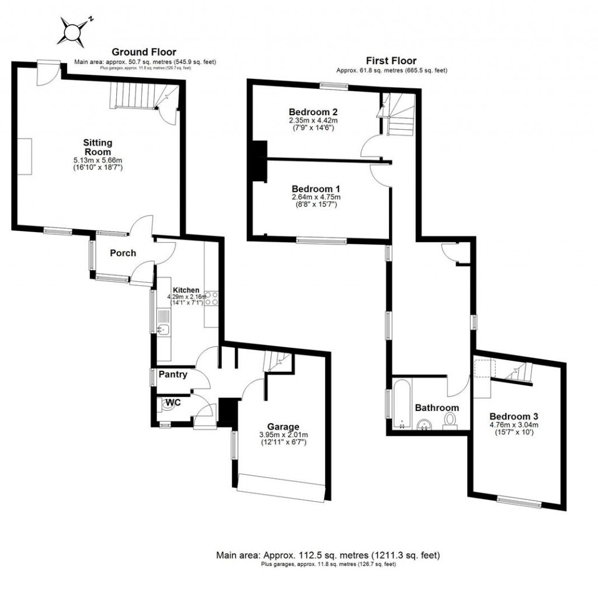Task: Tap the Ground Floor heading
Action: pyautogui.click(x=144, y=53)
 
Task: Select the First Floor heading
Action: pyautogui.click(x=391, y=61)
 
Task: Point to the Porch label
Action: pyautogui.click(x=123, y=253)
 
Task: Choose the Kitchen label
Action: pyautogui.click(x=186, y=290)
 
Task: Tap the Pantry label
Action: pyautogui.click(x=172, y=375)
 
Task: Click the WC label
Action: pyautogui.click(x=172, y=403)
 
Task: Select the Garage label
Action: pyautogui.click(x=283, y=427)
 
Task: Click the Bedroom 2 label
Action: pyautogui.click(x=314, y=112)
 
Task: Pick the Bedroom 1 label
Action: pyautogui.click(x=316, y=189)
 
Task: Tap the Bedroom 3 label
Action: pyautogui.click(x=513, y=416)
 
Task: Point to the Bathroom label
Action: pyautogui.click(x=437, y=408)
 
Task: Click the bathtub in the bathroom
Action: pyautogui.click(x=402, y=403)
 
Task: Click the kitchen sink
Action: pyautogui.click(x=163, y=330)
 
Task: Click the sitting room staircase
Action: pyautogui.click(x=134, y=96)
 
